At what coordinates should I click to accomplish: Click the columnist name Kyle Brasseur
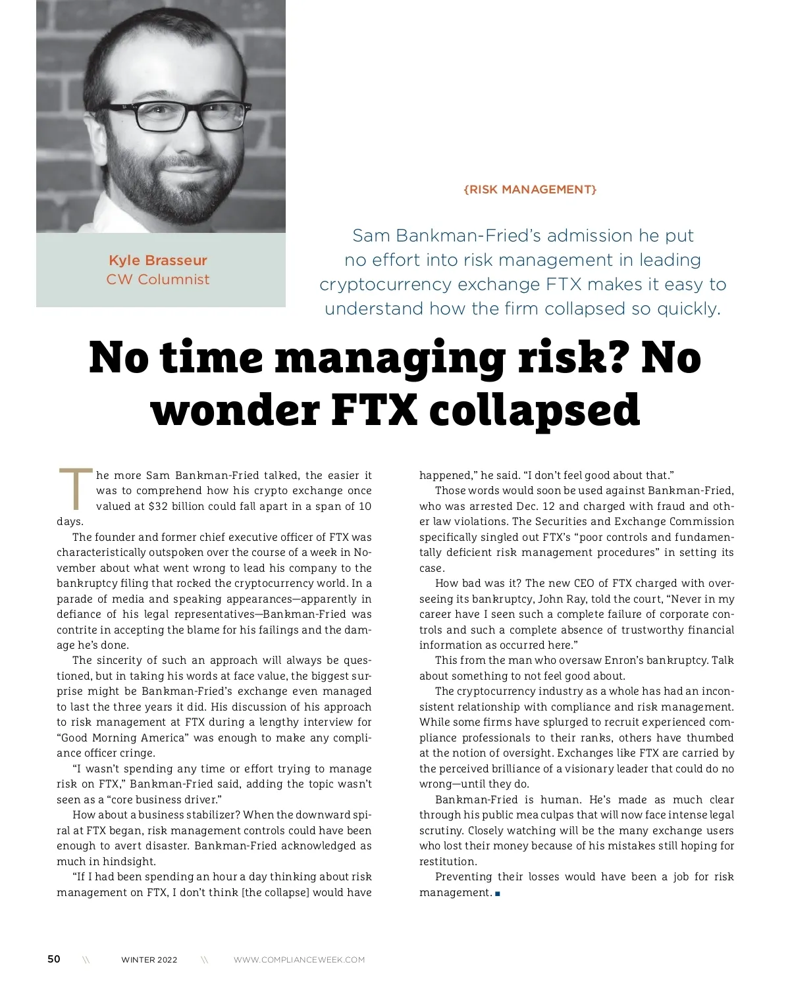(x=158, y=261)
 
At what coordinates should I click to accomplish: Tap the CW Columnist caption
(x=158, y=280)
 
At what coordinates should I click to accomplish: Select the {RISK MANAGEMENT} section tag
(x=530, y=189)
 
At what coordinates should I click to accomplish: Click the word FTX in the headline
(x=374, y=409)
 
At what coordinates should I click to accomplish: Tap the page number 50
(x=54, y=959)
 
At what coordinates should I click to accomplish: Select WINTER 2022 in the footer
(x=149, y=960)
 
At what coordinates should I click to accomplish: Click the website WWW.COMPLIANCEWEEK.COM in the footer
(x=299, y=960)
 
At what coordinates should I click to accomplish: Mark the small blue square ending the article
(x=498, y=893)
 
